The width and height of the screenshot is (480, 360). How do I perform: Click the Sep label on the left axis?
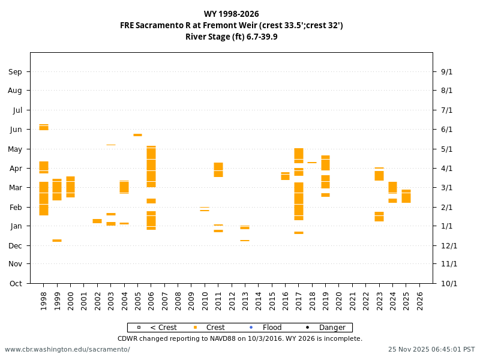click(15, 72)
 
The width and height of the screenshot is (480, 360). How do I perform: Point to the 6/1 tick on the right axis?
click(446, 130)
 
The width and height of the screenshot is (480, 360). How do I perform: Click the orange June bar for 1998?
click(44, 127)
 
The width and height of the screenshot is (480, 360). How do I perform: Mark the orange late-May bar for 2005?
click(137, 135)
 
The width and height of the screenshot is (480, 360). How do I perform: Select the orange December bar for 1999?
click(57, 241)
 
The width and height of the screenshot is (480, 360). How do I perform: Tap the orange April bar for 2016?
click(285, 176)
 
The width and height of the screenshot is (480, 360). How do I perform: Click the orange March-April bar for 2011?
click(218, 170)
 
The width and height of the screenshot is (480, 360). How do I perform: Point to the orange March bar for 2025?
click(406, 196)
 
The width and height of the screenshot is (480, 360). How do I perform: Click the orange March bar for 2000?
click(70, 187)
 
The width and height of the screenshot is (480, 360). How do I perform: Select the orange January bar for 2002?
click(97, 221)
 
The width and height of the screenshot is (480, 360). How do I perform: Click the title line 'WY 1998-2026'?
click(231, 14)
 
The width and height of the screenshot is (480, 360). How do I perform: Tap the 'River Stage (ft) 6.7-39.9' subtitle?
click(231, 37)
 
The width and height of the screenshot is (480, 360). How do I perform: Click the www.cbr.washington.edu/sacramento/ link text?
click(67, 349)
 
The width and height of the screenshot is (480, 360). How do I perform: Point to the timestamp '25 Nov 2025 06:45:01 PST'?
click(431, 349)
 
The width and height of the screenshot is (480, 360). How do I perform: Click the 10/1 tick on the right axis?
click(449, 284)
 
